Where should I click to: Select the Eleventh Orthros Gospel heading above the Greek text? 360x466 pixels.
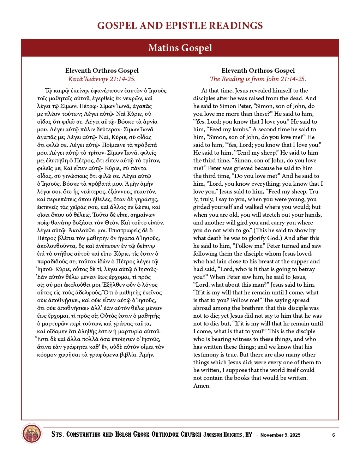tap(102, 71)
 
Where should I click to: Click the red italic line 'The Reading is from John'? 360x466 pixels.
tap(258, 79)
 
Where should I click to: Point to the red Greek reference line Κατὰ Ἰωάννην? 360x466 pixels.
tap(102, 79)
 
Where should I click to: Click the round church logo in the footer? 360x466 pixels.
tap(32, 434)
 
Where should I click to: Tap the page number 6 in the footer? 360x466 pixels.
tap(334, 435)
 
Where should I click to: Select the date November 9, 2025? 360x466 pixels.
tap(280, 435)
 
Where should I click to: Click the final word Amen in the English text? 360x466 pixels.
tap(202, 386)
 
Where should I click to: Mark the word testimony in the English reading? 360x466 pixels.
tap(206, 354)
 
